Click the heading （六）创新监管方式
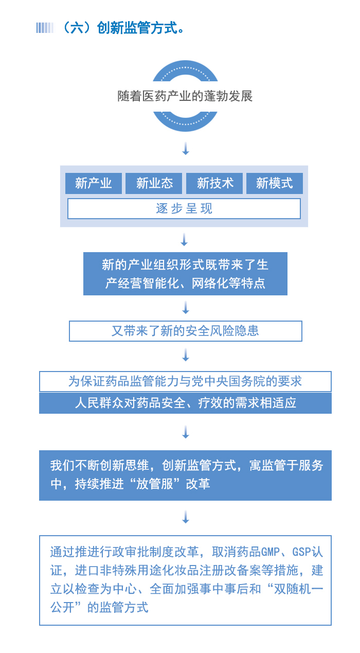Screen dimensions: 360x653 [x=122, y=28]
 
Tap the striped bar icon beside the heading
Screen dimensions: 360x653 [x=45, y=28]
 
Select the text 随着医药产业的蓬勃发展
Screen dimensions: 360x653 [x=185, y=96]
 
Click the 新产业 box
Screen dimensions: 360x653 [x=94, y=183]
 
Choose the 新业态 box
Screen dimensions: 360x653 [x=154, y=183]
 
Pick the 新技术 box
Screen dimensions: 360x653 [x=214, y=183]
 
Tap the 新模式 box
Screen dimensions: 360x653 [x=275, y=183]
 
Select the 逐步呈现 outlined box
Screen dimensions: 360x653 [x=184, y=209]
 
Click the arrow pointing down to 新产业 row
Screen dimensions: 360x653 [x=186, y=149]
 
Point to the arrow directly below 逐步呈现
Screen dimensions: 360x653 [x=184, y=240]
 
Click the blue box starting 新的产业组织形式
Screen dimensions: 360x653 [x=185, y=274]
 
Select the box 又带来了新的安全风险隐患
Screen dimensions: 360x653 [x=186, y=331]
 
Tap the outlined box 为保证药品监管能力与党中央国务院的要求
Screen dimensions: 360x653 [x=185, y=381]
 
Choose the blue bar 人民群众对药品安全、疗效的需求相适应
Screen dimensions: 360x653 [x=185, y=403]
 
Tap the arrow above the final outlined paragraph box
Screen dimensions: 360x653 [x=186, y=517]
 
